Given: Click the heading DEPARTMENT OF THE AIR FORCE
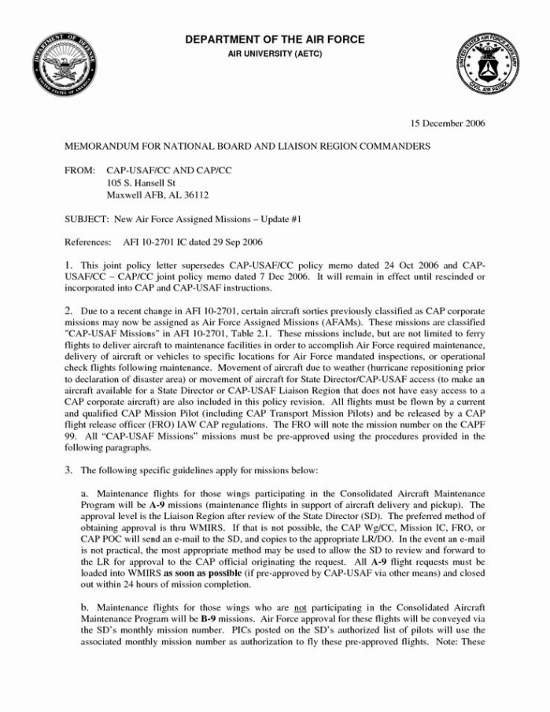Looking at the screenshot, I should point(275,40).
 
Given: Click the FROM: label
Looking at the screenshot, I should point(80,170).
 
